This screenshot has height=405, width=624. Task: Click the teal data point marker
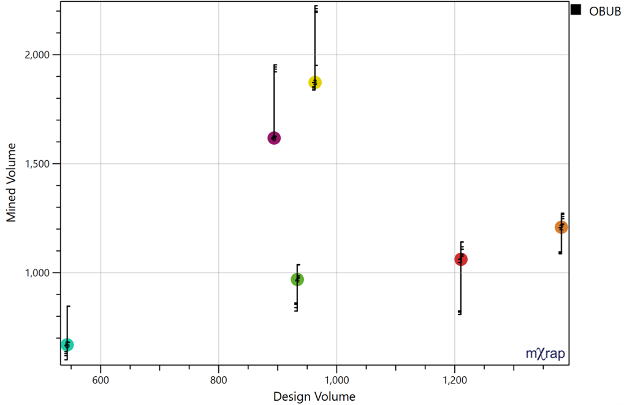pos(67,345)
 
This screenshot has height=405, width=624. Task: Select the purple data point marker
pos(274,138)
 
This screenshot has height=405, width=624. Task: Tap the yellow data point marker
pos(315,82)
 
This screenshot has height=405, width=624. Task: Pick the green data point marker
pos(297,280)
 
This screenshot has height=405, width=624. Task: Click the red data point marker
pos(461,260)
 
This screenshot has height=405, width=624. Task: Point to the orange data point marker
pos(561,228)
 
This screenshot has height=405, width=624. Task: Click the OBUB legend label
pos(605,11)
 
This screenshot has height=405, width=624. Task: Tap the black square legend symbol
pos(576,10)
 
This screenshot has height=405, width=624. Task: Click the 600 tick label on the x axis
pos(100,380)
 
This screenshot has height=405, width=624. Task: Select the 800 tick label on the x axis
pos(219,380)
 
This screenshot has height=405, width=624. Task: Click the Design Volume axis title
pos(314,396)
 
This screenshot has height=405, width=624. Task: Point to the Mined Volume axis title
pos(12,182)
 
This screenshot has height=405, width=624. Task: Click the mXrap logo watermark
pos(546,353)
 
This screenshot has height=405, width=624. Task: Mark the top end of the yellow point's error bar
pos(315,6)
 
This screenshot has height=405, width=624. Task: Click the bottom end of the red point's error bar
pos(460,314)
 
